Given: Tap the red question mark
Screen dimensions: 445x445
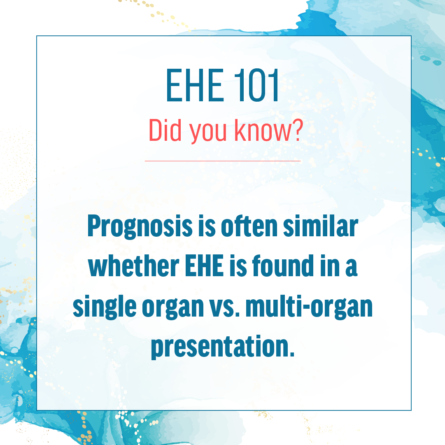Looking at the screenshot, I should click(297, 130).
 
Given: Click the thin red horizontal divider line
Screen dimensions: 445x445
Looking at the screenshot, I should click(222, 161).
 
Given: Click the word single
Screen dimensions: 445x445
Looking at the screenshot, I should click(105, 307).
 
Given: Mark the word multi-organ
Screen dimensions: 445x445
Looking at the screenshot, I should click(309, 307).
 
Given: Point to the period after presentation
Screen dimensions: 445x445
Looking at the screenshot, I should click(291, 354).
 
